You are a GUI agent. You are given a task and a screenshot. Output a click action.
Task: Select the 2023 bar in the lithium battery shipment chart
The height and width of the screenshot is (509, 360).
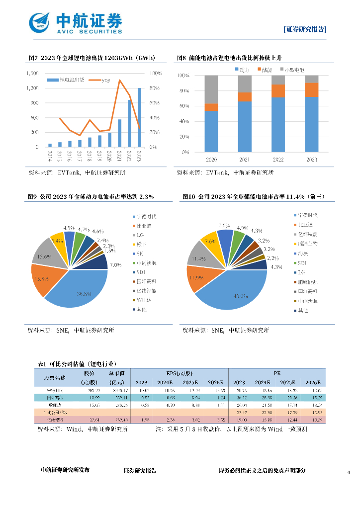[139, 118]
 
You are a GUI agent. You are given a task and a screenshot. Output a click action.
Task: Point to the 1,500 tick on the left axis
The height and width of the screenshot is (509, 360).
[31, 74]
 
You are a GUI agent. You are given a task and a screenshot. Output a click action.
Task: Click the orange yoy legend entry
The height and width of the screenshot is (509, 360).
[97, 81]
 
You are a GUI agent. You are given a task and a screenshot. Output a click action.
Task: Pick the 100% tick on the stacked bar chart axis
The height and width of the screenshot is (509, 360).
[182, 76]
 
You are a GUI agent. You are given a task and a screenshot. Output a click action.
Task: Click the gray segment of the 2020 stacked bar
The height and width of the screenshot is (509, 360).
[211, 89]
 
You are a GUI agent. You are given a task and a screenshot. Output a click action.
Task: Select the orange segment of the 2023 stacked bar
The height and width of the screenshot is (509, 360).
[311, 90]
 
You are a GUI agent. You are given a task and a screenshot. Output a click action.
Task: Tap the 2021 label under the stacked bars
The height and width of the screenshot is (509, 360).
[245, 160]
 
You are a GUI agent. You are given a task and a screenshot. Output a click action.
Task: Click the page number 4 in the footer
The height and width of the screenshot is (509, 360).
[349, 472]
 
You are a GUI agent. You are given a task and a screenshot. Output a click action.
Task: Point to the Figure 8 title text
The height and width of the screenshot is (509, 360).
[232, 58]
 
